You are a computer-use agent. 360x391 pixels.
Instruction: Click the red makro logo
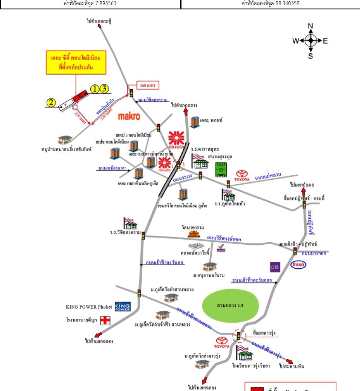click(x=129, y=116)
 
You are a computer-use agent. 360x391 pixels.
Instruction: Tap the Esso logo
click(x=298, y=265)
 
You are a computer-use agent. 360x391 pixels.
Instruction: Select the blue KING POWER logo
click(x=123, y=307)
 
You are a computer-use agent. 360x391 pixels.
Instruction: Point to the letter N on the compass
click(x=310, y=26)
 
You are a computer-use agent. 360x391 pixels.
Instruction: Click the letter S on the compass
click(x=310, y=56)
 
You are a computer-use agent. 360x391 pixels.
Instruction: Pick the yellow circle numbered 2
click(x=51, y=102)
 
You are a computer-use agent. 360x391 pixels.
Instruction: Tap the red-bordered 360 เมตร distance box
click(x=148, y=86)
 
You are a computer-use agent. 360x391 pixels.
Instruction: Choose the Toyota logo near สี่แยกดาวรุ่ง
click(x=222, y=342)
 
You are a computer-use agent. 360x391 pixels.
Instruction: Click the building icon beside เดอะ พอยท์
click(x=195, y=122)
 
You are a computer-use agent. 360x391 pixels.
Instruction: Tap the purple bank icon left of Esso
click(x=275, y=267)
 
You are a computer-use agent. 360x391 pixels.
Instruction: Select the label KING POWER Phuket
click(x=89, y=307)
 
